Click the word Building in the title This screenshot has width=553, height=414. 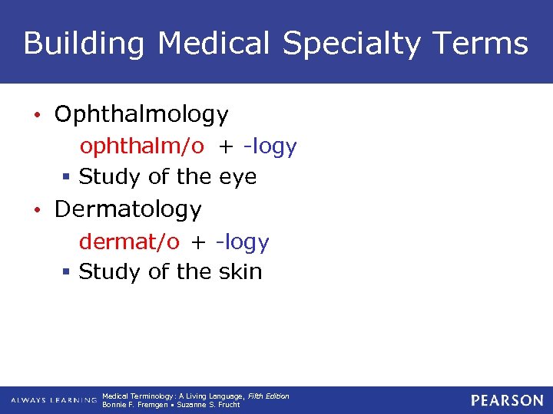point(84,43)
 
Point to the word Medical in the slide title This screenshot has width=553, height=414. point(214,43)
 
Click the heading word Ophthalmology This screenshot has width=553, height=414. point(141,115)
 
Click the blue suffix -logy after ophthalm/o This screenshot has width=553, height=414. point(270,146)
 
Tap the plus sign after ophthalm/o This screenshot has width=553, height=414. point(227,146)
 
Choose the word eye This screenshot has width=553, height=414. point(238,178)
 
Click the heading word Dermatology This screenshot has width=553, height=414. point(127,209)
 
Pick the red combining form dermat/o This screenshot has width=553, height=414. point(129,242)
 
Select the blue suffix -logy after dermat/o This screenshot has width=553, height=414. point(243,242)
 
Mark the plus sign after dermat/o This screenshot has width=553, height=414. point(198,242)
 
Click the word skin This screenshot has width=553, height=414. point(240,272)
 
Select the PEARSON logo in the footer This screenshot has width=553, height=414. point(507,400)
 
